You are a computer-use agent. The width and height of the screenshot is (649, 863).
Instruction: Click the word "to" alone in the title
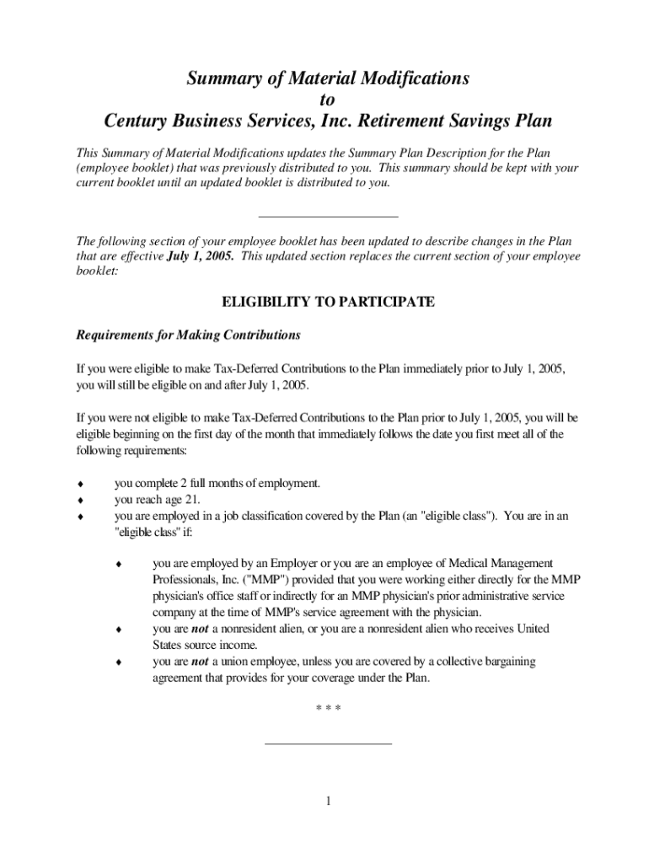click(x=327, y=99)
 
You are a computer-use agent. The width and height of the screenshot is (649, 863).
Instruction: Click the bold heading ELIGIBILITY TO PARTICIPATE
click(x=327, y=302)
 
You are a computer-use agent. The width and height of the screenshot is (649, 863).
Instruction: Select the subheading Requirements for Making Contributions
click(x=188, y=335)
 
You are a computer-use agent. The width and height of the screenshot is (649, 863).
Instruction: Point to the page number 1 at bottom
click(x=328, y=801)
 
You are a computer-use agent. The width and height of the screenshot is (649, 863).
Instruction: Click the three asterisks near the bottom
click(x=328, y=709)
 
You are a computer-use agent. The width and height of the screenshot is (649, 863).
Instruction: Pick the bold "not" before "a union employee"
click(x=200, y=662)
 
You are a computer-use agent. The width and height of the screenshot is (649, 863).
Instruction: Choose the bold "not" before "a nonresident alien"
click(x=200, y=629)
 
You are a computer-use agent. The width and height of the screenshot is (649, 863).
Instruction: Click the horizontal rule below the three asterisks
click(x=328, y=743)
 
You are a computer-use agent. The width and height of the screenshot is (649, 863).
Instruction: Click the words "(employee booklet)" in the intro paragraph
click(x=124, y=168)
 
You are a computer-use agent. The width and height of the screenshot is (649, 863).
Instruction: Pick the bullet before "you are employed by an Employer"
click(x=120, y=564)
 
